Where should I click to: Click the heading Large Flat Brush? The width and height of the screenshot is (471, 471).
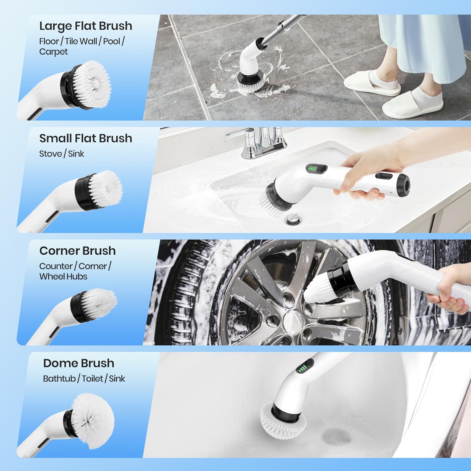85,26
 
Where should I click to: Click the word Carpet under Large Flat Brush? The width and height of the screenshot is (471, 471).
53,52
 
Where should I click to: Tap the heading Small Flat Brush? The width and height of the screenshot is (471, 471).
85,138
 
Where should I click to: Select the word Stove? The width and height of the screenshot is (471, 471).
50,154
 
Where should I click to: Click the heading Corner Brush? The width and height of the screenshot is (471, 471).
77,251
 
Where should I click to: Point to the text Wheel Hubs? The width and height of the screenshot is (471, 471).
63,277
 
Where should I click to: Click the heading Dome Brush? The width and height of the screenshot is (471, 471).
78,363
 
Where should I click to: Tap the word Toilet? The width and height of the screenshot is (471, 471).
92,379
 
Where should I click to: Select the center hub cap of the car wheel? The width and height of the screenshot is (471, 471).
292,320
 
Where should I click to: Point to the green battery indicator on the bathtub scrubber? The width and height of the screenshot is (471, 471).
302,368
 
